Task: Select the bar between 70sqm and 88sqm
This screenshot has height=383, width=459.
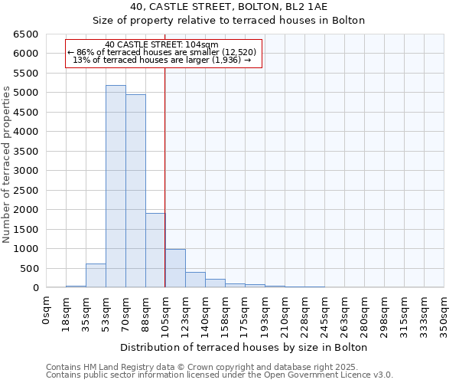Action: [x=135, y=191]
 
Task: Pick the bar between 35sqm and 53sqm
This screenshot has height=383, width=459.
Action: [x=96, y=276]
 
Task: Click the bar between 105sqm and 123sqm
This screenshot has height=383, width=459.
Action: [x=175, y=269]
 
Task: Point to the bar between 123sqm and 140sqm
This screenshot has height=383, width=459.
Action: [x=195, y=280]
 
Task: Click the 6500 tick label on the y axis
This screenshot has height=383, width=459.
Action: [x=24, y=34]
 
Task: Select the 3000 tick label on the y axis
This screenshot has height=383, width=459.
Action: [x=24, y=171]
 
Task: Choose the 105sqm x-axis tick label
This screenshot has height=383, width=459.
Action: [x=166, y=313]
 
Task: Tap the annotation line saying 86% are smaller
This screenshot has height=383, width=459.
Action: [x=162, y=52]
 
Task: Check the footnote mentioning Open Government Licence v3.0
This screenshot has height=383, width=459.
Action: [x=220, y=375]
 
